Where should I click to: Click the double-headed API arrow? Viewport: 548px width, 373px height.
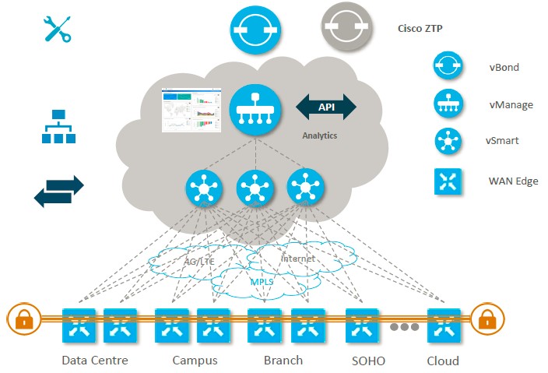coord(326,107)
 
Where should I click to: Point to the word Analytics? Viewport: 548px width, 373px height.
coord(320,135)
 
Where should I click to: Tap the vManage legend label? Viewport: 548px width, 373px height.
coord(511,104)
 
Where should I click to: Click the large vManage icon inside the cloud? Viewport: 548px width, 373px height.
coord(255,109)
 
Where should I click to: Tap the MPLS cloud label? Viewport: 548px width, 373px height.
coord(262,281)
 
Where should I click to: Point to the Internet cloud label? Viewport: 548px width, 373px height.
coord(298,258)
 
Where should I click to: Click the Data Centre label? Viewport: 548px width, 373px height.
coord(94,361)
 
